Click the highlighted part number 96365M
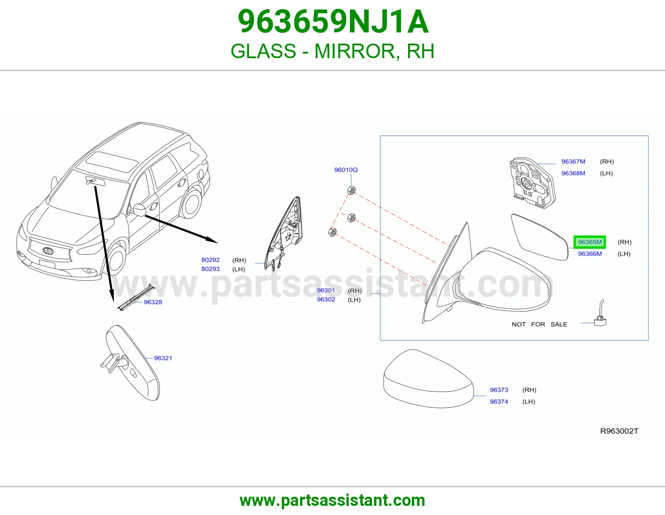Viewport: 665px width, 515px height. pos(589,242)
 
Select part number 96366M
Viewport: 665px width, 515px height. pos(590,254)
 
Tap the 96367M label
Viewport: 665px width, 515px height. pos(573,162)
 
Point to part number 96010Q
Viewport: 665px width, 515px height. pos(346,170)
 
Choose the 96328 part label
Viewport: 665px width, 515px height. pos(153,302)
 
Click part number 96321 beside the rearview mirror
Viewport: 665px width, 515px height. pos(163,358)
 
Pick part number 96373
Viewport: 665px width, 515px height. pos(499,390)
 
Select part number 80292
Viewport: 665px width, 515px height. pos(211,260)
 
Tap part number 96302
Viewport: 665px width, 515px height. pos(326,299)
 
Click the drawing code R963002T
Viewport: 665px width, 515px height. pos(619,431)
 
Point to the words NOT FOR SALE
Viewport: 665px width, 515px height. pos(539,324)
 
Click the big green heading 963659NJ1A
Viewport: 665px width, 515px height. pos(333,22)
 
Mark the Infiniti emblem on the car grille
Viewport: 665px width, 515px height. pos(48,251)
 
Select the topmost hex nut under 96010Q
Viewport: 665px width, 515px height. pos(351,190)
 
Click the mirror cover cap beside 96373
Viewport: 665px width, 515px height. pos(429,379)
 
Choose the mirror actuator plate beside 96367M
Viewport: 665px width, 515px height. pos(532,183)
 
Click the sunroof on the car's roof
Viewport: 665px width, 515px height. pos(111,161)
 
